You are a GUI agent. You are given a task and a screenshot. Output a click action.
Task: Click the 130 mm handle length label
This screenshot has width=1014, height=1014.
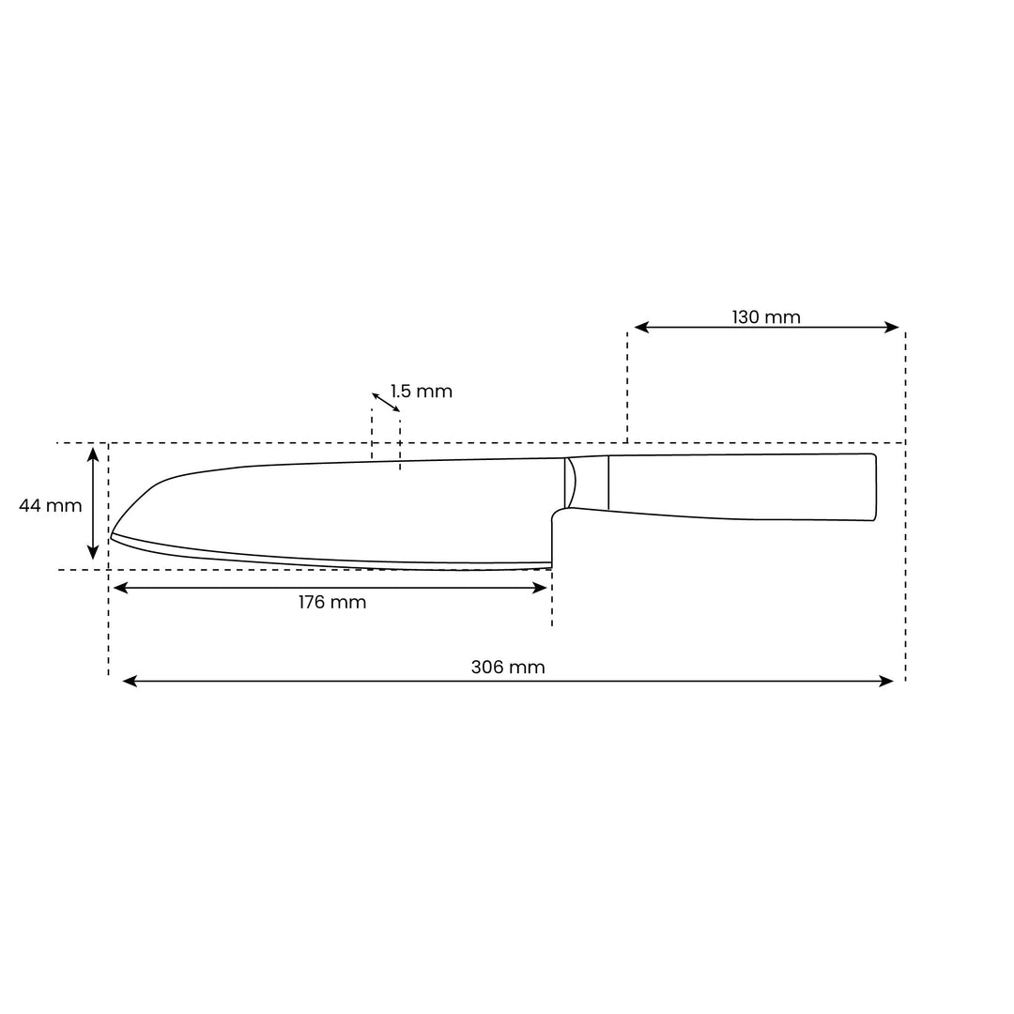[766, 317]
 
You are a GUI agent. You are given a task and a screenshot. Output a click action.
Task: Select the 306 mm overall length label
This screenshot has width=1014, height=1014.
[507, 668]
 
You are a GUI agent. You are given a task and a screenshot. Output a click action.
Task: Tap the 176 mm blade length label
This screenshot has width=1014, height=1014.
[332, 603]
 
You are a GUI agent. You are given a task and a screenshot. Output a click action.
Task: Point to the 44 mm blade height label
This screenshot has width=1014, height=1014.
[51, 506]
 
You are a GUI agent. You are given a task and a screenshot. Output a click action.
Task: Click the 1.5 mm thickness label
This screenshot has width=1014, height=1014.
[422, 392]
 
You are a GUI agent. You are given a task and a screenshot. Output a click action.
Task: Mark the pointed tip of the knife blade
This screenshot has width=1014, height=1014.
[112, 535]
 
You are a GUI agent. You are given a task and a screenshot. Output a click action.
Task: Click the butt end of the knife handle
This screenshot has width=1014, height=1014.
[875, 486]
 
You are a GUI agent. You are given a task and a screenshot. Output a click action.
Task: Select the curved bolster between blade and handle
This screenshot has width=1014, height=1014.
[571, 484]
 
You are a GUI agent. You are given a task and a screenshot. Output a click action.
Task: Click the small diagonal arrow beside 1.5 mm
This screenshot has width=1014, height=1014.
[386, 403]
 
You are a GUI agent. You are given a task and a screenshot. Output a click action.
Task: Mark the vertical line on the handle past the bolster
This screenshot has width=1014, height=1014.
[608, 483]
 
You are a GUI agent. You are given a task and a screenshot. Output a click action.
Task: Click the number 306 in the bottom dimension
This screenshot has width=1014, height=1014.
[486, 668]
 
